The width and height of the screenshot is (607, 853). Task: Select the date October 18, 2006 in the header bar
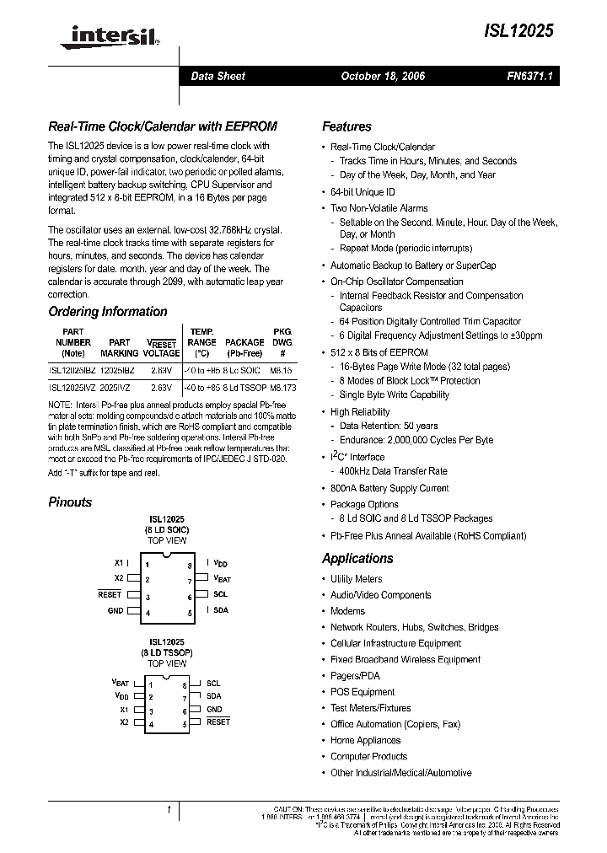point(383,76)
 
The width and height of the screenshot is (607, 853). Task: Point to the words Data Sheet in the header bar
point(218,76)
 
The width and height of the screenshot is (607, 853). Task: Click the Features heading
point(346,126)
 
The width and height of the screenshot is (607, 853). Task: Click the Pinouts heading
point(71,502)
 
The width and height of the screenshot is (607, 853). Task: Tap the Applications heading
point(357,558)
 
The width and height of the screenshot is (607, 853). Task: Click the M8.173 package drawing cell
point(283,388)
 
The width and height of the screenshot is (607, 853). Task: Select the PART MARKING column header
point(120,348)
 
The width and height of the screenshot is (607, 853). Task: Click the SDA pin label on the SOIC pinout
point(221,610)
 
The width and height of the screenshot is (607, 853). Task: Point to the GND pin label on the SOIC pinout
point(115,610)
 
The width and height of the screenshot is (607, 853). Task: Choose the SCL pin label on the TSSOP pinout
point(213,684)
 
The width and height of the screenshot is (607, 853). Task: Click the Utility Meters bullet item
point(356,579)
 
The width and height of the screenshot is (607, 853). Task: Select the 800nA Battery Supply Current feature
point(389,488)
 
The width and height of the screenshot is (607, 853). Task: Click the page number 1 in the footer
point(169,810)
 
